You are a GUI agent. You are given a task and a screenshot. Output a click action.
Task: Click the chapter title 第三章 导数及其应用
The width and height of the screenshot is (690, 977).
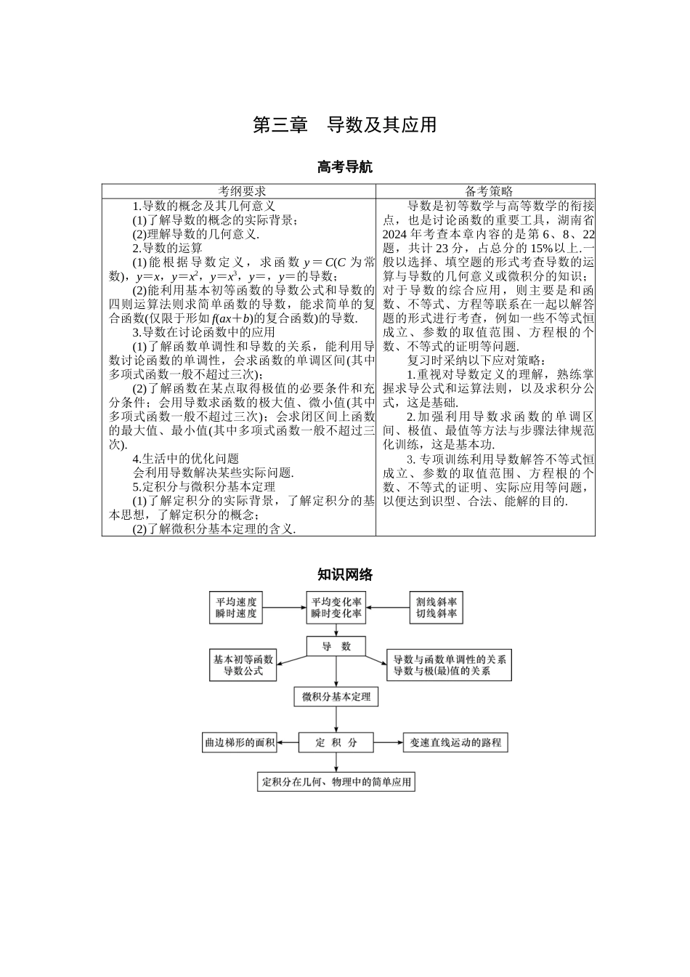click(x=344, y=125)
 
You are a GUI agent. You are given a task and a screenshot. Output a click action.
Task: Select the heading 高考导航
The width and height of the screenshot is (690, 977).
click(x=344, y=167)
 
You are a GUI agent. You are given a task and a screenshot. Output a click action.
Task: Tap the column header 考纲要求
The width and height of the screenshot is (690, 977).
click(x=238, y=191)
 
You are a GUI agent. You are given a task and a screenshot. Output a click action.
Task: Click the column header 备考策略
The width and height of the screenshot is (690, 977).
click(x=485, y=191)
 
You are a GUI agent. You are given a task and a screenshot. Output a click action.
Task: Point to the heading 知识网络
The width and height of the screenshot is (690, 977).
click(x=344, y=575)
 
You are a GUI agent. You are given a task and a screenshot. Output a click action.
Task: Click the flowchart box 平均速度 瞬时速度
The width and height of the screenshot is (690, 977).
click(x=236, y=608)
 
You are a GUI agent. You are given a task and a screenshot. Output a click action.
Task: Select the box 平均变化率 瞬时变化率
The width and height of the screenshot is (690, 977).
click(x=336, y=608)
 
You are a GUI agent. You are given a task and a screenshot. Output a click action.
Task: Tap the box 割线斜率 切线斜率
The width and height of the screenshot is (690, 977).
click(x=436, y=608)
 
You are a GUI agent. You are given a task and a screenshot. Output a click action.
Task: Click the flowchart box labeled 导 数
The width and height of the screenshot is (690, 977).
click(x=336, y=646)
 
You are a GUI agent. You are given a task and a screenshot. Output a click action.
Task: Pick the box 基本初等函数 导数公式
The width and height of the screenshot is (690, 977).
click(x=243, y=665)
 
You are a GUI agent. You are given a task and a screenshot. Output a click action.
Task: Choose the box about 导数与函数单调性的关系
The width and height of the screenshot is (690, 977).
click(x=449, y=665)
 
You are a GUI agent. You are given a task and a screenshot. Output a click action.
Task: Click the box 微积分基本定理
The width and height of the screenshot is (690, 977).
click(x=336, y=697)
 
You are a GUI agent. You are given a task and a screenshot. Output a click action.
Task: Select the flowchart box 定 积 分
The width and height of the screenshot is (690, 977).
click(x=336, y=742)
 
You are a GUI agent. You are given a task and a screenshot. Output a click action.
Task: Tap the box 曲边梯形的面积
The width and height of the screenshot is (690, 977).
click(x=239, y=742)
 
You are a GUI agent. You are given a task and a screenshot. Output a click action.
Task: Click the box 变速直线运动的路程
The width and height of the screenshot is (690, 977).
click(x=455, y=742)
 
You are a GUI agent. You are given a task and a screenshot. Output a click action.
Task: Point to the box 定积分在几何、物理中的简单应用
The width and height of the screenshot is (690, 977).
click(x=336, y=782)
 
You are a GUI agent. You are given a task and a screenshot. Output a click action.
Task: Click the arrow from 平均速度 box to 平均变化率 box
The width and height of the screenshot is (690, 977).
click(x=284, y=608)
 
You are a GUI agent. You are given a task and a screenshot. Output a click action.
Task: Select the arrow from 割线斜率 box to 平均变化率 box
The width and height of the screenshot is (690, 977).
click(x=388, y=608)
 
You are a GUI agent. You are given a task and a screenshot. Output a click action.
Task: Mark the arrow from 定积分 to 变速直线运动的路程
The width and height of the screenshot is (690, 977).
click(x=389, y=742)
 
